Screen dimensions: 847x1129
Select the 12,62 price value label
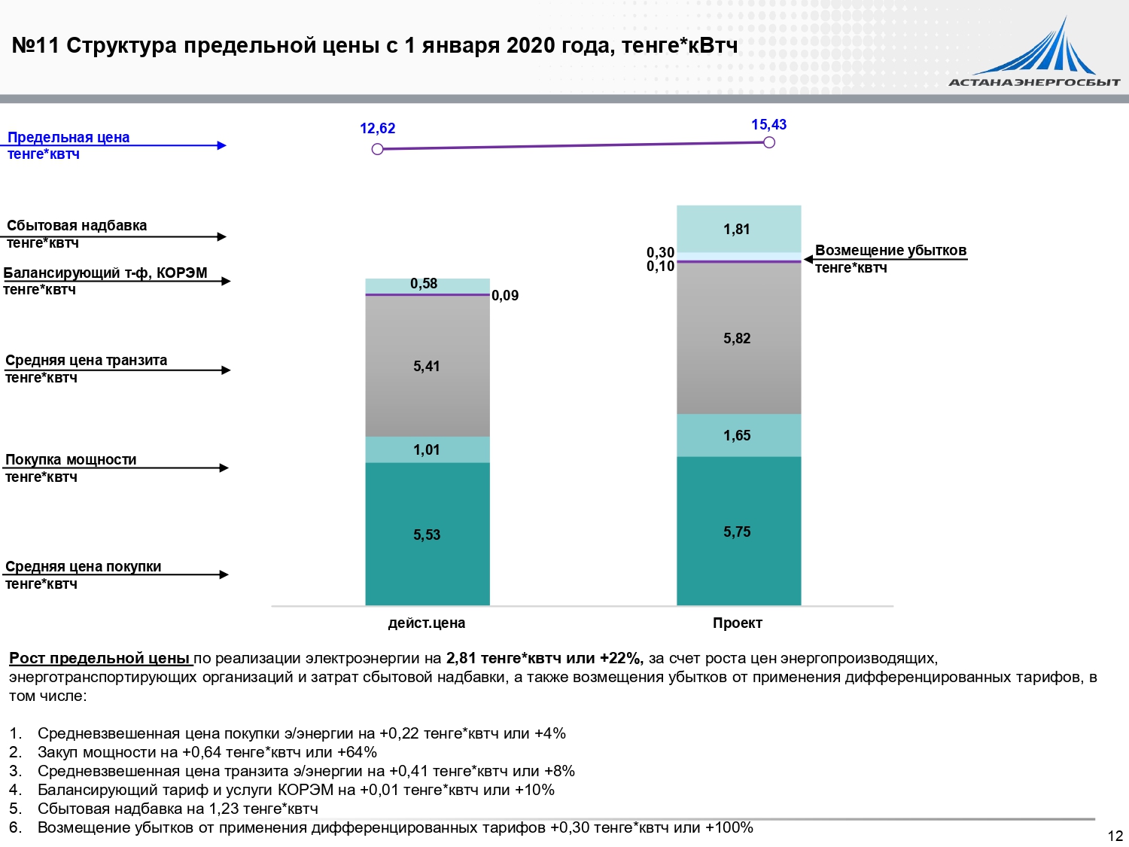[377, 129]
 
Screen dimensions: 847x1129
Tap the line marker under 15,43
[768, 142]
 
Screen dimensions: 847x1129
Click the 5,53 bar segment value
[427, 535]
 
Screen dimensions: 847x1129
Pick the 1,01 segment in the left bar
[427, 450]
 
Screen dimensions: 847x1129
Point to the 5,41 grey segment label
[427, 367]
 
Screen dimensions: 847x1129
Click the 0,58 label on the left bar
[424, 284]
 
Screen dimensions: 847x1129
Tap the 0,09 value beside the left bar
[505, 296]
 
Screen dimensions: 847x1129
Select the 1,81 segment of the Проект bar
[738, 230]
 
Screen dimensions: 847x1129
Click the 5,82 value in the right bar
[738, 339]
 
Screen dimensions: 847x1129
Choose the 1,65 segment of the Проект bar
[738, 436]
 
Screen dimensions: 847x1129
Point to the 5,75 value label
[738, 532]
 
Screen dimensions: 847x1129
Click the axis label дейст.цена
[427, 623]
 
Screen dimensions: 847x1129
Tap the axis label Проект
[738, 623]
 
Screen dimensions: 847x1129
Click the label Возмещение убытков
[890, 251]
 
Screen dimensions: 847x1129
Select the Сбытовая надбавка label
[77, 226]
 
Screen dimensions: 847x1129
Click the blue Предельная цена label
[68, 138]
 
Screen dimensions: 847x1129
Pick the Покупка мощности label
[71, 460]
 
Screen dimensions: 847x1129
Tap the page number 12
[1115, 836]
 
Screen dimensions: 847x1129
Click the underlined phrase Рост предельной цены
[100, 659]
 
